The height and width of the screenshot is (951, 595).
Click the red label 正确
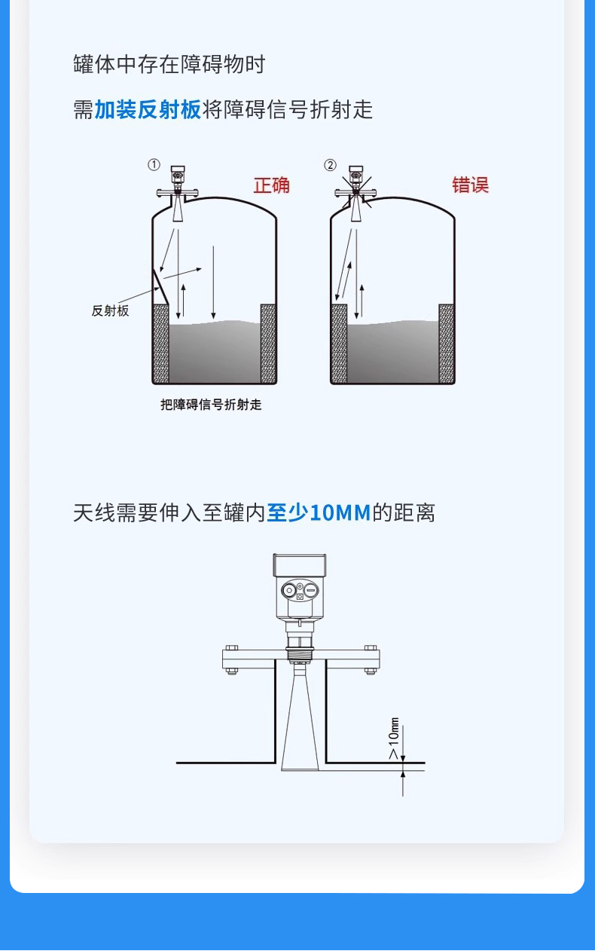(x=272, y=185)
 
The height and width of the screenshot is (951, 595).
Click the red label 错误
(x=470, y=185)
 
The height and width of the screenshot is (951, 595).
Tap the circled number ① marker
(x=154, y=165)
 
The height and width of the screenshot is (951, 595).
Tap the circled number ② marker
(x=330, y=165)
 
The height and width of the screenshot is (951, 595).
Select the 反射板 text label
(x=111, y=310)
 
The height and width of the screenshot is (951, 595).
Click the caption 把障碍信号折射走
(x=211, y=405)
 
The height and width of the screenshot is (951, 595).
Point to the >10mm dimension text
(x=394, y=738)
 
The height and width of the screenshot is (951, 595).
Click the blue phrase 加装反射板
(x=148, y=109)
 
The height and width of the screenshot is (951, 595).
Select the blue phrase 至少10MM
(x=319, y=512)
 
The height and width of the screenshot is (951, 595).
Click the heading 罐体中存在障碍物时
(x=169, y=65)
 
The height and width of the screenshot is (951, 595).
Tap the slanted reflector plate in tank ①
(x=161, y=287)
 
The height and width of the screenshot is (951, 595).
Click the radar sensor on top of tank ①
(x=178, y=193)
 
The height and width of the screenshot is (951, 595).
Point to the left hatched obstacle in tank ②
(x=339, y=344)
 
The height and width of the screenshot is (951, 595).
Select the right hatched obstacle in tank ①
(x=268, y=344)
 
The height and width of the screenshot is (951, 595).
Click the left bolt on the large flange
(x=231, y=659)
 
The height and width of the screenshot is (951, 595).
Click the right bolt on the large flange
(x=371, y=659)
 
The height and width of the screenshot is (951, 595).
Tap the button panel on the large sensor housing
(x=300, y=590)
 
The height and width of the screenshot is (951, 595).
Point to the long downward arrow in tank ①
(x=213, y=283)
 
